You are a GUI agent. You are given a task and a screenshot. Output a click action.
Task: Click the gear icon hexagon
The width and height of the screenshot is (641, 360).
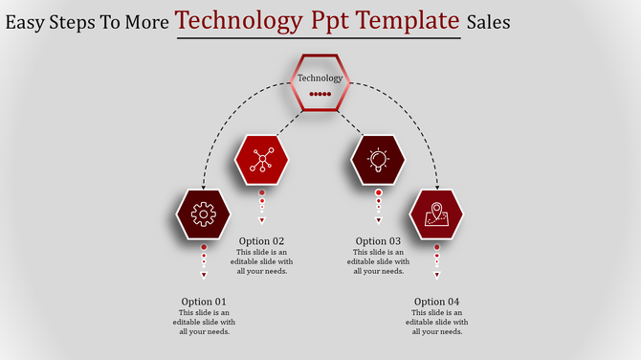click(x=203, y=214)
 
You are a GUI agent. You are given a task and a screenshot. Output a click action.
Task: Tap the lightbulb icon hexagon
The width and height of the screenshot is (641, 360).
click(x=378, y=160)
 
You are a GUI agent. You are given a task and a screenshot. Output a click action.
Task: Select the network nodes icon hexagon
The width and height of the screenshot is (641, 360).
click(x=261, y=160)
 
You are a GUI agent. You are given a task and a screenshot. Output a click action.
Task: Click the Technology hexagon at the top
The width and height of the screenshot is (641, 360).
click(x=320, y=83)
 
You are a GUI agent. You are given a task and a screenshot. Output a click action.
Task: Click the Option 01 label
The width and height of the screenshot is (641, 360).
click(x=204, y=302)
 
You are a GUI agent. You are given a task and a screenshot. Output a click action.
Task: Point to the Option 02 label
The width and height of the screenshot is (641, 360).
click(x=262, y=241)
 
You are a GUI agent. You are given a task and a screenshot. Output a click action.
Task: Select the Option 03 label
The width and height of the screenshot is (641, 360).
click(x=378, y=241)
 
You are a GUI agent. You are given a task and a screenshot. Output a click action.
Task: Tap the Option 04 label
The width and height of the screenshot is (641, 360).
click(x=437, y=302)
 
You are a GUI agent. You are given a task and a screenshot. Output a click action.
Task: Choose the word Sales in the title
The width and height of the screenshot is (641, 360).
click(x=488, y=21)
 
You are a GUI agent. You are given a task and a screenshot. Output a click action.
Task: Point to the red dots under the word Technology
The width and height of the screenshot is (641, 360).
click(x=320, y=95)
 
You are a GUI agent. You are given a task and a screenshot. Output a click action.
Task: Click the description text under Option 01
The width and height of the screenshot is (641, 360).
click(x=204, y=323)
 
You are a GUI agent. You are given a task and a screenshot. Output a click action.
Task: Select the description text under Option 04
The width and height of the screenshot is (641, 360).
click(x=437, y=323)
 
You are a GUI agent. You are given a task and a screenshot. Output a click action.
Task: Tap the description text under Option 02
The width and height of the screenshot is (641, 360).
click(x=262, y=261)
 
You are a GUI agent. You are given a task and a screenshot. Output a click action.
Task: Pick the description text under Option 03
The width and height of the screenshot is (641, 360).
click(x=378, y=261)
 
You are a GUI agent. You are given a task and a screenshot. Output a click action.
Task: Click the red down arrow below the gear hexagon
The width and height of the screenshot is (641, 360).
click(x=203, y=276)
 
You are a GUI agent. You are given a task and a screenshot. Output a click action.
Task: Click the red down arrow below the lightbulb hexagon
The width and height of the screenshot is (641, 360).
click(x=378, y=220)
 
